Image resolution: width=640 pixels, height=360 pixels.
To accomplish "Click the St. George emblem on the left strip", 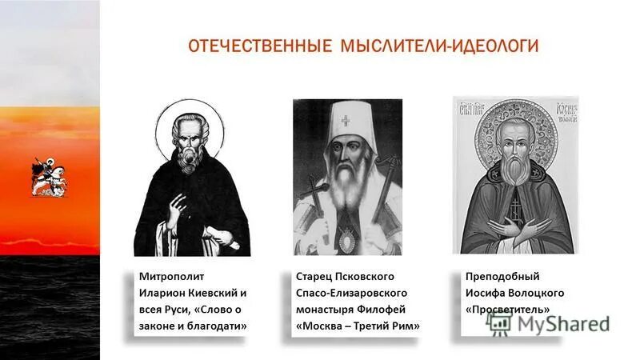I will (x=49, y=176).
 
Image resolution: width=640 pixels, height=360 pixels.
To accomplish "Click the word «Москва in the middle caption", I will (x=320, y=326).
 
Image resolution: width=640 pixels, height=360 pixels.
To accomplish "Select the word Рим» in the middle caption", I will (x=405, y=326).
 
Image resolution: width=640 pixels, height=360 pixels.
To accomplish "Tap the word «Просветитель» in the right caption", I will (x=507, y=310).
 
